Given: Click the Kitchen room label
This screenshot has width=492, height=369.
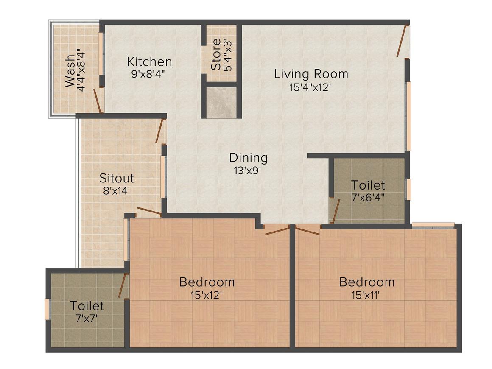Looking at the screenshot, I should point(149,62).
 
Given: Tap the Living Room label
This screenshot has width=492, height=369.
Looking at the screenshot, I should point(311,74).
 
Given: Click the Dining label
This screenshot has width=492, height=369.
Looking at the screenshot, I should point(249,158).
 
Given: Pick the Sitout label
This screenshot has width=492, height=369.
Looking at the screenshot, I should point(117,178).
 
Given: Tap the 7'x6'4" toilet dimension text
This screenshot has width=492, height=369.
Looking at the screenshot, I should point(368,198).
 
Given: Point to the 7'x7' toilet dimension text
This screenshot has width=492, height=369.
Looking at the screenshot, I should point(87,318).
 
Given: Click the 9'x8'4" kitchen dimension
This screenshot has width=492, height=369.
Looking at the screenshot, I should point(148,74).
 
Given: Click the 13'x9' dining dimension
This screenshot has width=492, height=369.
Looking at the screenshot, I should point(248,170).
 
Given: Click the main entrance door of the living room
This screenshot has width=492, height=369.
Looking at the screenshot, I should point(403,41).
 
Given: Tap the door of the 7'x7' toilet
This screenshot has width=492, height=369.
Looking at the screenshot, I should point(123,285).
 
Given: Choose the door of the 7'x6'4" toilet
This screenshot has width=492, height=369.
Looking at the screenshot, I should point(335,212).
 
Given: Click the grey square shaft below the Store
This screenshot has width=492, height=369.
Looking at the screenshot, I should point(218,103).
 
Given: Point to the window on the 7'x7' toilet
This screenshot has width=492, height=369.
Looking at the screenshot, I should point(47,309).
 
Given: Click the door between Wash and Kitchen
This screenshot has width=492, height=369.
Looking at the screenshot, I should point(98,101).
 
